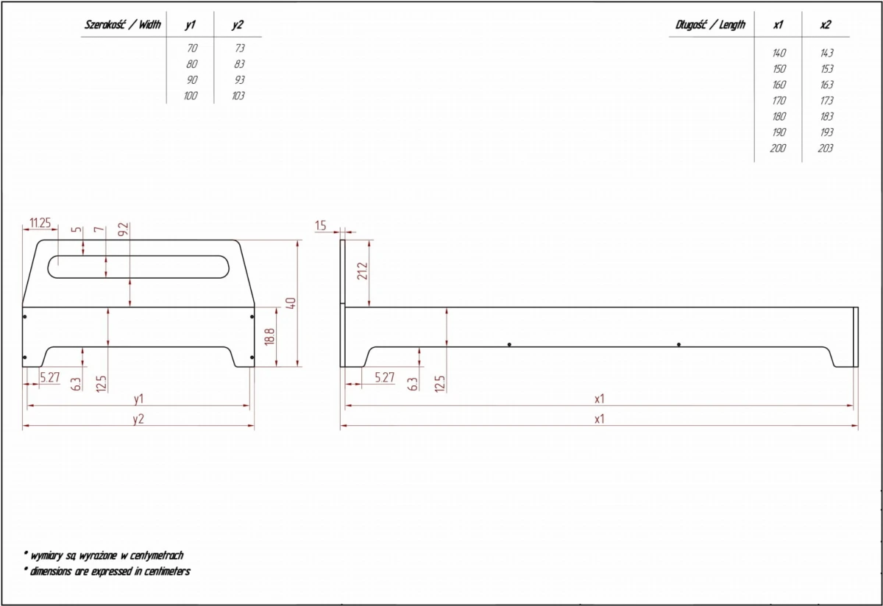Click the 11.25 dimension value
coord(40,223)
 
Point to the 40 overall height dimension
coord(291,303)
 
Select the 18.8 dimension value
coord(269,337)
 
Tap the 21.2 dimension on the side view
coord(362,271)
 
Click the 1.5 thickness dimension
coord(321,226)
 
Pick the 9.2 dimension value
coord(124,229)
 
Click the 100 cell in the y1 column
coord(191,96)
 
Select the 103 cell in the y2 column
coord(238,96)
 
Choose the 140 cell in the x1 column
coord(779,53)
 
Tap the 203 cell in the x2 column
coord(826,148)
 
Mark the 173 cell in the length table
coord(826,101)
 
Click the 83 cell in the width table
coord(239,64)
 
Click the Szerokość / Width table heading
coord(123,25)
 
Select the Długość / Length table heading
coord(710,25)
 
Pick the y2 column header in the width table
coord(237,25)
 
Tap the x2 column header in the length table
coord(825,25)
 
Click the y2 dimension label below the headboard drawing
coord(138,419)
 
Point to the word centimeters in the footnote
coord(167,571)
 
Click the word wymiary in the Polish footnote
coord(47,555)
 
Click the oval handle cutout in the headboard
coord(138,256)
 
